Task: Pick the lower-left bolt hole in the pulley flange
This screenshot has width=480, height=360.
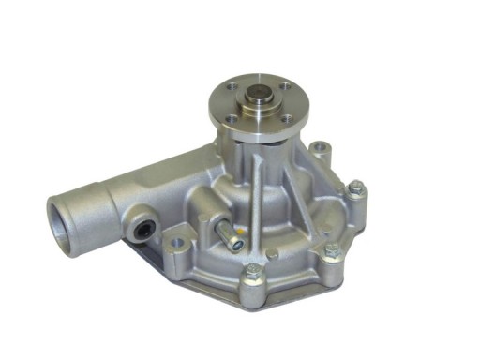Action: (232, 119)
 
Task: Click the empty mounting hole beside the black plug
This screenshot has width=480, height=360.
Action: (176, 243)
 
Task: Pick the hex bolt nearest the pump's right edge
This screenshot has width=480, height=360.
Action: (356, 191)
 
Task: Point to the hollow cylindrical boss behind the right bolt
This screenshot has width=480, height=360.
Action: (322, 150)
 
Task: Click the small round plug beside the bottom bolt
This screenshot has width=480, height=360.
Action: (271, 254)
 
